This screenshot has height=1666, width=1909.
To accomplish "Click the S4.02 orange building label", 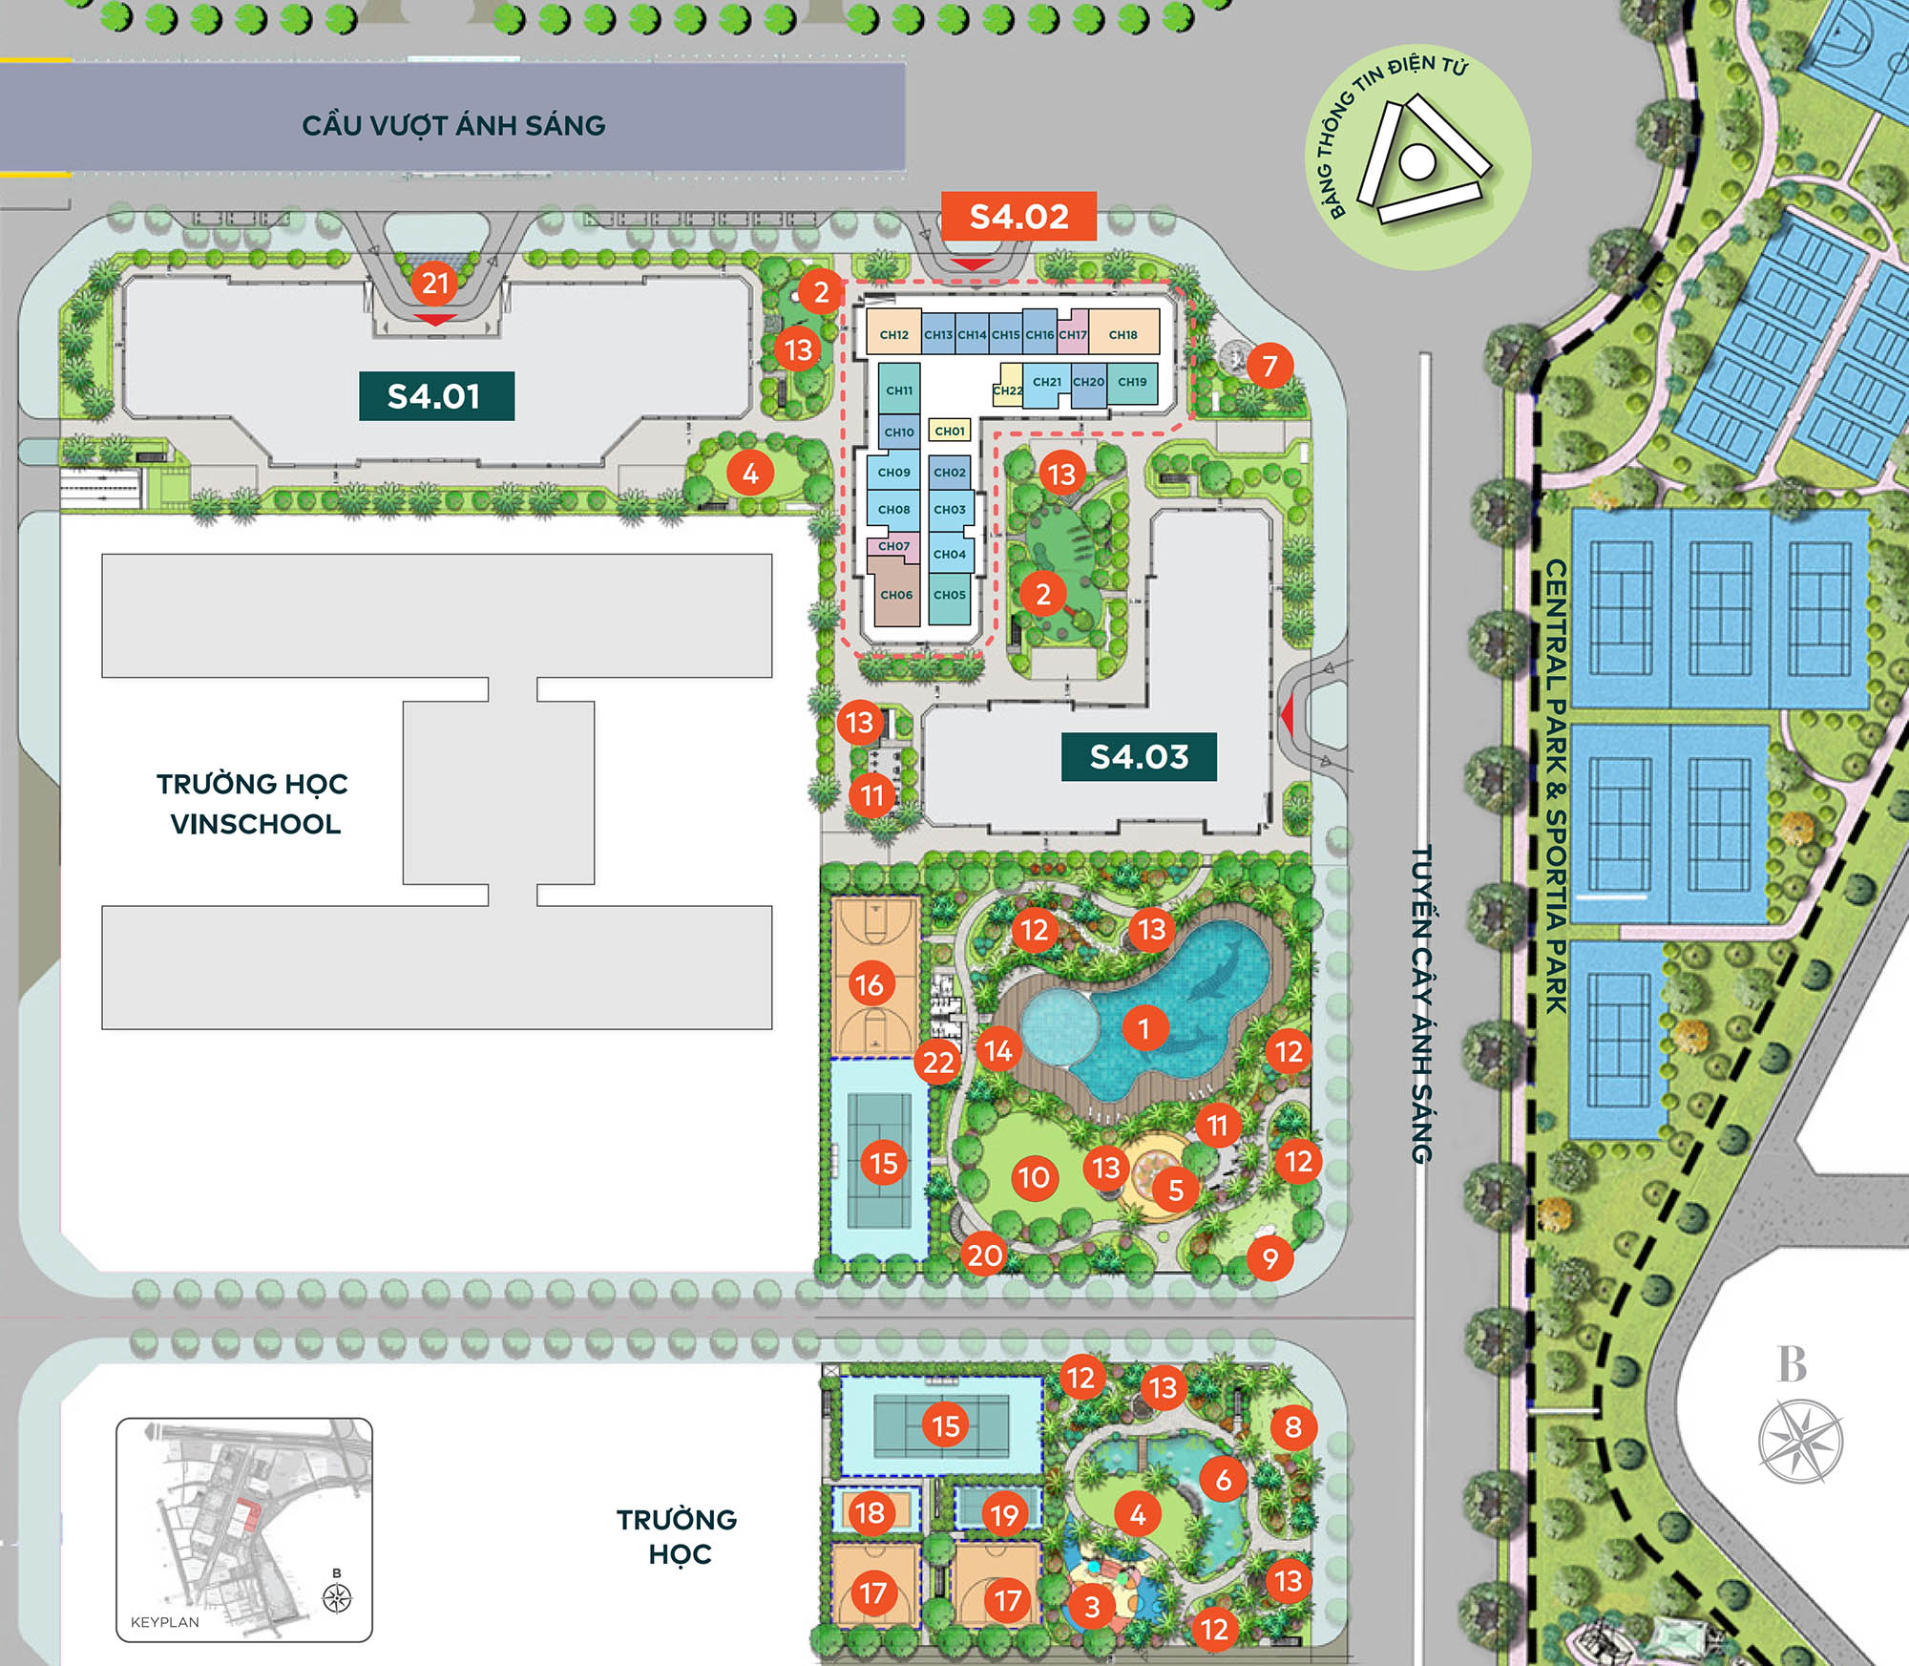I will (x=1018, y=217).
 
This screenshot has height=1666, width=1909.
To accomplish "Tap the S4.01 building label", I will (x=436, y=396).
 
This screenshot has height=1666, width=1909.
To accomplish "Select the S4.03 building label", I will (x=1139, y=757).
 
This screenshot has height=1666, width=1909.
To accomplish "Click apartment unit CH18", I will (x=1122, y=335).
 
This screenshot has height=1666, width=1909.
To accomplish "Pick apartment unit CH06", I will (x=896, y=595).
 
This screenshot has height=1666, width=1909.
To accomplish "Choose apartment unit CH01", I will (x=950, y=431).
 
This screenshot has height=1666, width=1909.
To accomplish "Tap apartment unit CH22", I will (x=1007, y=390).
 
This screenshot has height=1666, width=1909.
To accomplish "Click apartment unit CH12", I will (x=894, y=335).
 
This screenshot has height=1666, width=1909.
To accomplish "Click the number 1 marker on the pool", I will (x=1143, y=1028).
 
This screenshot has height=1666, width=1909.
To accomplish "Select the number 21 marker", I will (x=435, y=283).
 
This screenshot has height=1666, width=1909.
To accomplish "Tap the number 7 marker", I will (x=1269, y=366).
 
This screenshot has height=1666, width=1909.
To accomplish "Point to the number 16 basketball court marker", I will (x=870, y=984).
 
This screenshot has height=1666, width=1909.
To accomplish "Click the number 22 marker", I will (x=938, y=1062).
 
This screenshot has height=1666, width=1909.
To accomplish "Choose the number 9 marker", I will (x=1269, y=1258).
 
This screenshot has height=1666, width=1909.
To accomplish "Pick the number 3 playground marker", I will (x=1092, y=1607).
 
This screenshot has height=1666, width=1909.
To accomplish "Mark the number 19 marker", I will (x=1004, y=1515).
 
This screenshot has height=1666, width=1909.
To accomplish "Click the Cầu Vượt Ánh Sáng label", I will (x=453, y=125).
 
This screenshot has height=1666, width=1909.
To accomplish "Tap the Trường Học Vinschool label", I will (x=253, y=804).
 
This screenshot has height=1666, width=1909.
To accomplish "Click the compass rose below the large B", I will (x=1800, y=1442).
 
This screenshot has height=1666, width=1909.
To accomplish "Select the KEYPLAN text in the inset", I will (x=165, y=1622).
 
